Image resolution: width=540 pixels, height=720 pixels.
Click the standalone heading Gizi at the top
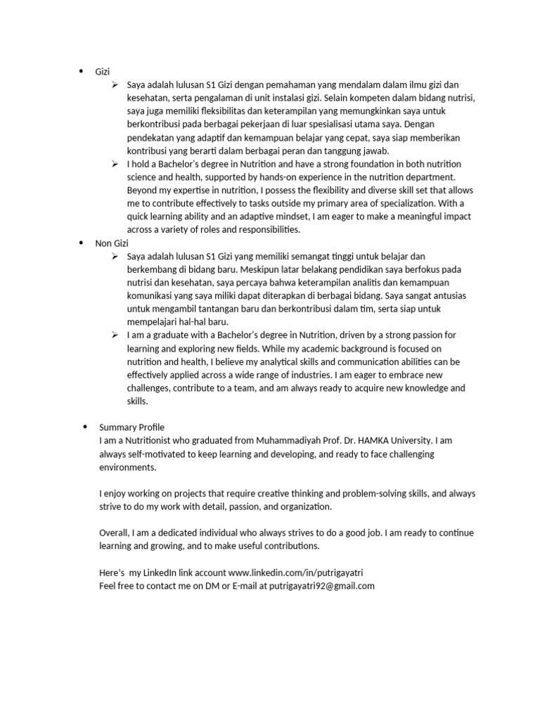click(x=103, y=72)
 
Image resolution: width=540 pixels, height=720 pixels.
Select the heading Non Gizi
click(x=112, y=243)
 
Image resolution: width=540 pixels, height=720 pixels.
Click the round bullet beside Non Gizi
click(x=81, y=243)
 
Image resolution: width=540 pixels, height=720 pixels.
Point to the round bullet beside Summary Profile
click(x=85, y=427)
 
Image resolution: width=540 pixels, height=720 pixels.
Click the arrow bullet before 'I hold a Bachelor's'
click(x=115, y=164)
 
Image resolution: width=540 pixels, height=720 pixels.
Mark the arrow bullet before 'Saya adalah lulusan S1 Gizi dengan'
click(x=115, y=85)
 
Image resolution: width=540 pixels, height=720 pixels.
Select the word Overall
click(x=115, y=532)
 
